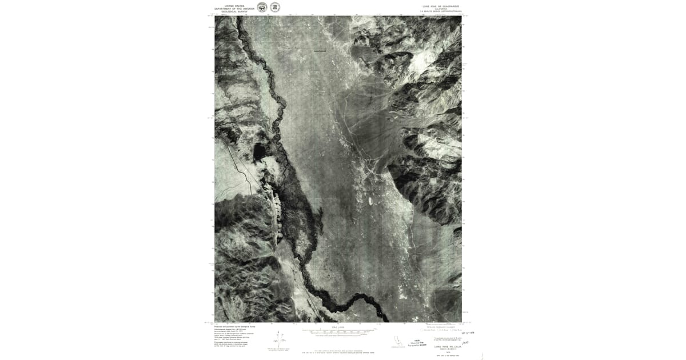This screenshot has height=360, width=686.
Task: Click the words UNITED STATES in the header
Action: pos(234,6)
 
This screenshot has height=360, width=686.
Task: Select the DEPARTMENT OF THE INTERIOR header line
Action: pos(234,9)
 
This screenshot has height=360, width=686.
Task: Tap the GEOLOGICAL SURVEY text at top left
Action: pos(234,11)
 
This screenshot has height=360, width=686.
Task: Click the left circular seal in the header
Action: pos(262,7)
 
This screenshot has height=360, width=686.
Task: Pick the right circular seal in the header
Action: pos(275,7)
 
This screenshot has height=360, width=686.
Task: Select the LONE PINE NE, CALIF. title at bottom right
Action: pos(447,346)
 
